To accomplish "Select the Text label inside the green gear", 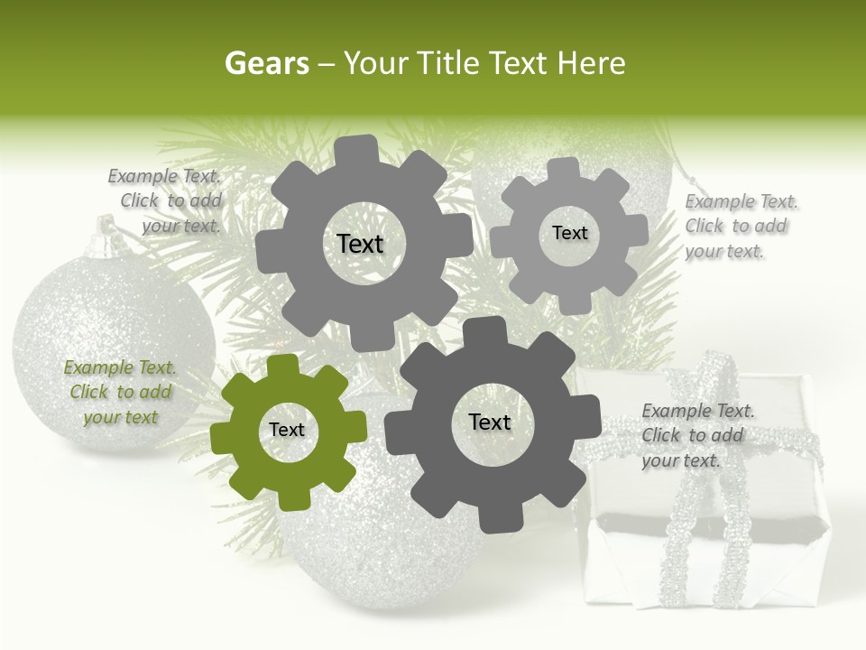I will pyautogui.click(x=287, y=431).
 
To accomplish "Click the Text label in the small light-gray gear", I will pyautogui.click(x=569, y=233).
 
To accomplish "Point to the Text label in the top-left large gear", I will pyautogui.click(x=360, y=244).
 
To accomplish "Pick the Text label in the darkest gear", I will pyautogui.click(x=490, y=422).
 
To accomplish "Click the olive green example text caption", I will pyautogui.click(x=120, y=393).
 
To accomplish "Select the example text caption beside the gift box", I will pyautogui.click(x=697, y=436).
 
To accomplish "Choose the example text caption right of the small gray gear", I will pyautogui.click(x=741, y=227).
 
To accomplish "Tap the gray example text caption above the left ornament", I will pyautogui.click(x=167, y=201).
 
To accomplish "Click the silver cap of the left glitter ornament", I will pyautogui.click(x=108, y=237).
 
